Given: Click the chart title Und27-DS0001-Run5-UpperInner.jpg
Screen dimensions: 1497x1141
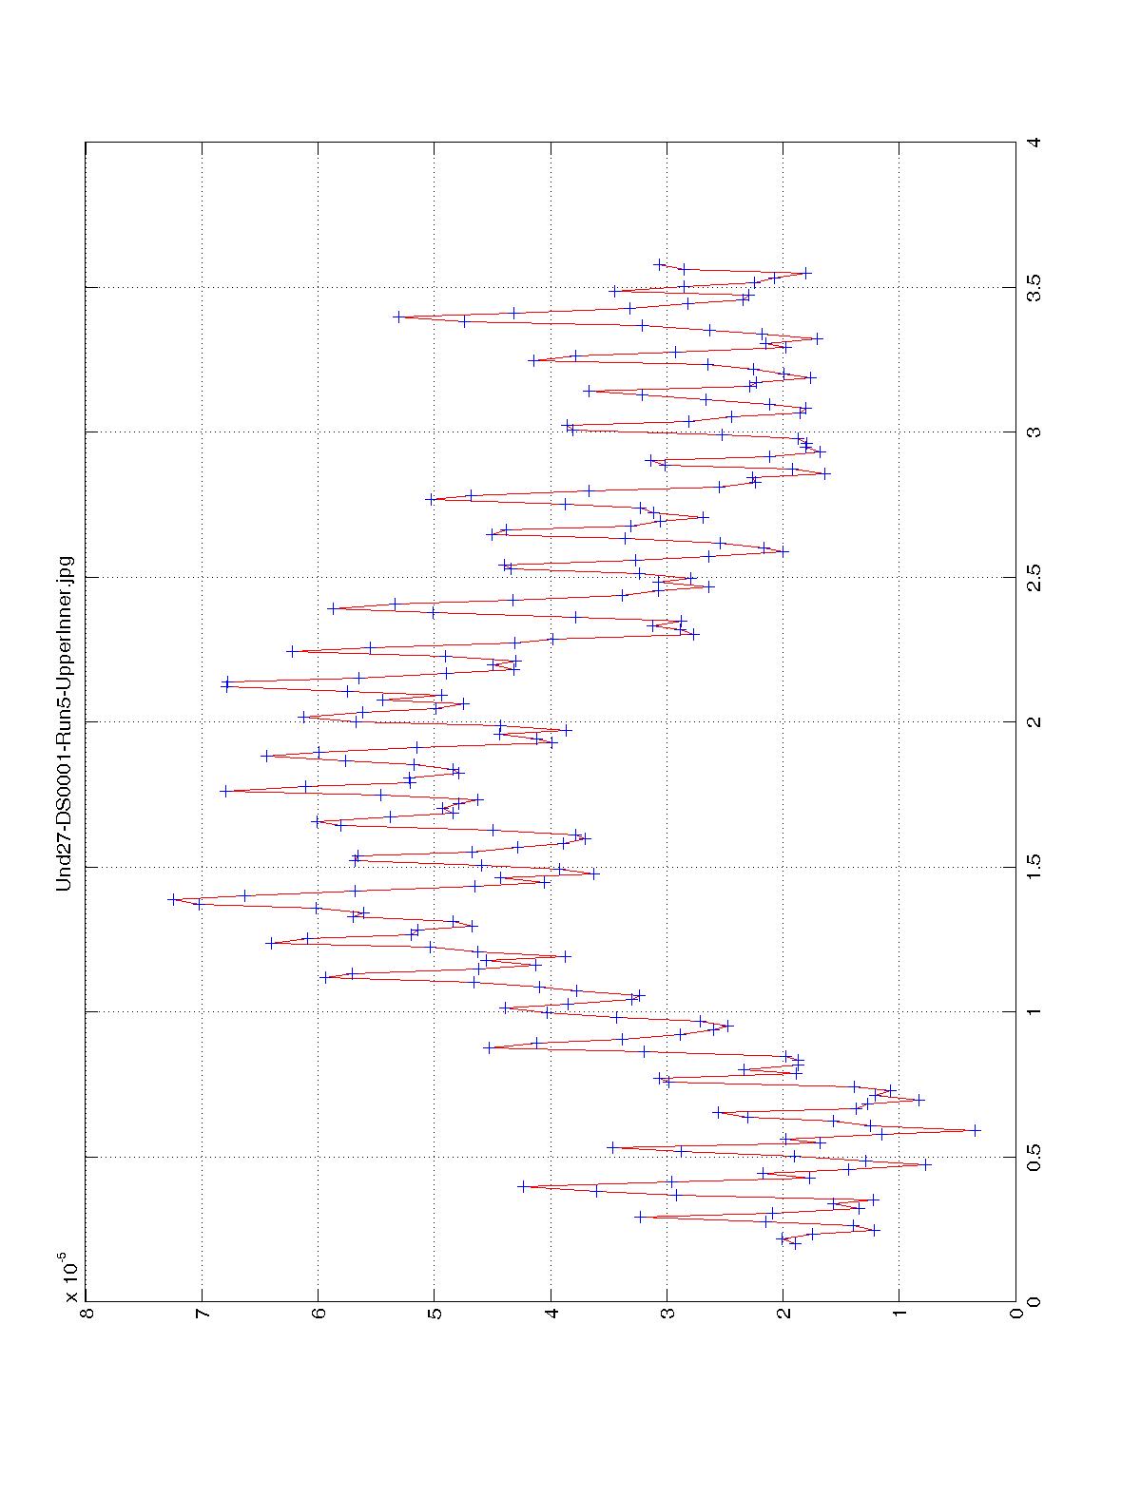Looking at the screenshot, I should [x=65, y=723].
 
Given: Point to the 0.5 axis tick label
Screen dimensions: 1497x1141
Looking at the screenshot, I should [x=1034, y=1157].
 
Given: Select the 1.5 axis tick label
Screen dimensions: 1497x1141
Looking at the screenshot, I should [x=1034, y=867].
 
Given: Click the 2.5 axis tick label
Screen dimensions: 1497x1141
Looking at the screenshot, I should [x=1034, y=577].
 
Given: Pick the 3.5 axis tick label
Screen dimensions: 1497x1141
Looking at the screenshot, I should [x=1034, y=287].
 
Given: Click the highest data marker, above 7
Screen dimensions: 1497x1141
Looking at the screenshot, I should [x=173, y=898].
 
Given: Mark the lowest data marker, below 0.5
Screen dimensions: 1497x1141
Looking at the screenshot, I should [x=975, y=1130].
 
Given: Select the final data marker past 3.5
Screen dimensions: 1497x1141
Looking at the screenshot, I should [x=659, y=264].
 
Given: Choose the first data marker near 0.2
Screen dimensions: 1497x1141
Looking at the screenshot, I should [x=795, y=1244].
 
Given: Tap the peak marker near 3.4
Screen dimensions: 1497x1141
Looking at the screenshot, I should [x=397, y=317].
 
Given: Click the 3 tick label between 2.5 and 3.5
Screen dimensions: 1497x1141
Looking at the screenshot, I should [x=1034, y=432].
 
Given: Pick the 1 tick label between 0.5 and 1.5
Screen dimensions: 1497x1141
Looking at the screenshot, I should [x=1034, y=1011].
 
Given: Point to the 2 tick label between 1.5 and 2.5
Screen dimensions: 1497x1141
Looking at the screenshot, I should [x=1034, y=721].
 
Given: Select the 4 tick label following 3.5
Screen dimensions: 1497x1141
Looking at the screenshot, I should [x=1034, y=143].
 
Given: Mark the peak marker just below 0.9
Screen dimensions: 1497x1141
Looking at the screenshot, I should [x=489, y=1047].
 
